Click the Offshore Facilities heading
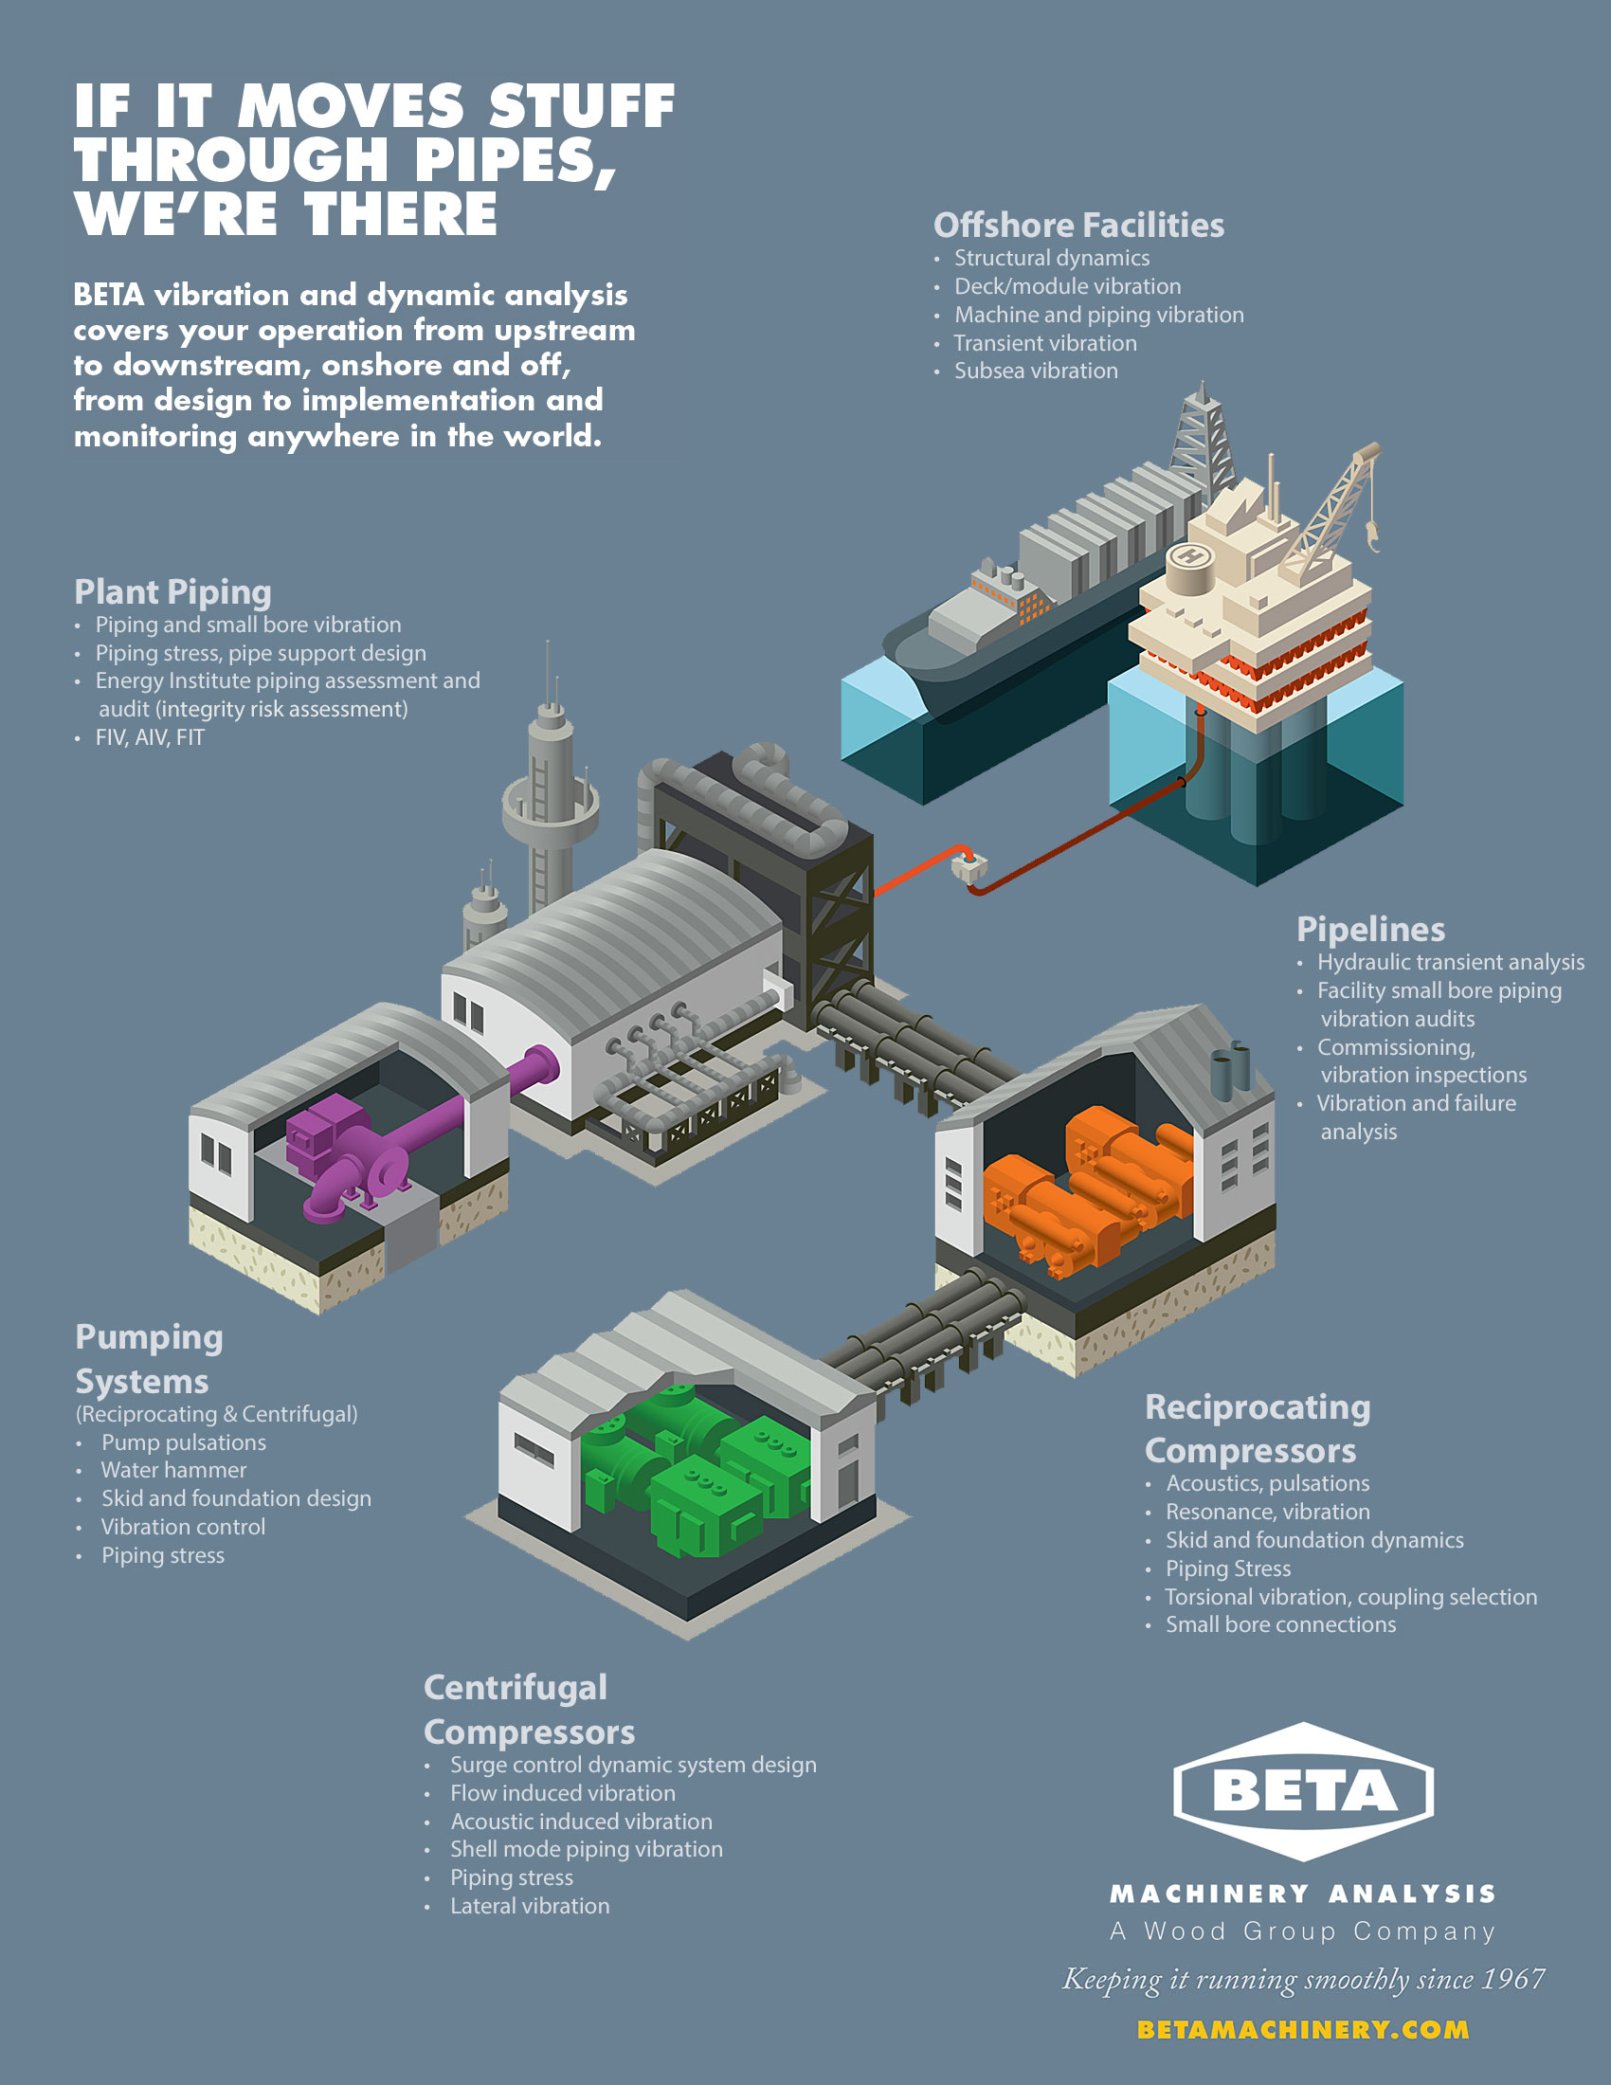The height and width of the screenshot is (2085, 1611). (1078, 226)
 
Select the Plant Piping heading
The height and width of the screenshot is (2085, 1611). (172, 592)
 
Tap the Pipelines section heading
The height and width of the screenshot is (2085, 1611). (1370, 929)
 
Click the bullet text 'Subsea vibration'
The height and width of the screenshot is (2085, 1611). (1036, 371)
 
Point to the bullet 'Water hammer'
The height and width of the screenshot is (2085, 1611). (173, 1469)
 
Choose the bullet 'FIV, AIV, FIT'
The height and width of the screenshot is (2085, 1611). (150, 737)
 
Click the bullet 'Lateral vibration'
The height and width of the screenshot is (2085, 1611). (530, 1906)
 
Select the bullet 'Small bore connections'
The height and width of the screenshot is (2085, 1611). (1280, 1623)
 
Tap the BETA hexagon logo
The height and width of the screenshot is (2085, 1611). (1304, 1791)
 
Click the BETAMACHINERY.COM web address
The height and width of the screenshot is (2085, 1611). (1303, 2030)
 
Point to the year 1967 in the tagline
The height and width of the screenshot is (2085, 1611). (1512, 1979)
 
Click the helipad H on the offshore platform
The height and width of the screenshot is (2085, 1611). (1189, 554)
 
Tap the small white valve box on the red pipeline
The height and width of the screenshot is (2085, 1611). (969, 867)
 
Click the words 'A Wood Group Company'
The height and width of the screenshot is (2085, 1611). (1303, 1931)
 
